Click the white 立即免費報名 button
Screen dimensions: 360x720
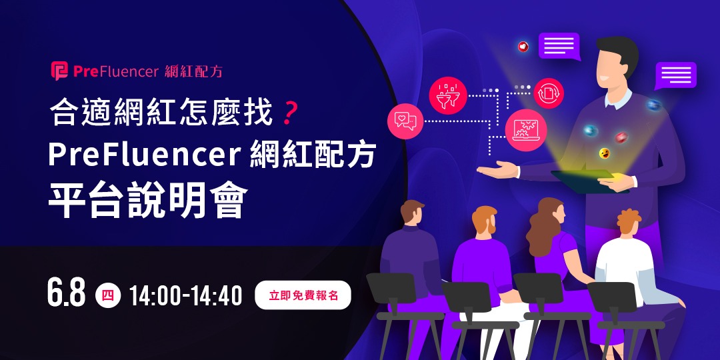point(303,295)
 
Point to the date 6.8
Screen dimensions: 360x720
point(67,293)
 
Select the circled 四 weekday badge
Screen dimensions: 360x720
point(107,295)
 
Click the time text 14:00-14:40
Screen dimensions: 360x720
point(185,295)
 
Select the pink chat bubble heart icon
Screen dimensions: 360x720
point(405,121)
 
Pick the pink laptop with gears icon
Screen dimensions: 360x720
point(526,130)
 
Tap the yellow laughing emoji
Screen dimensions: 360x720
point(605,154)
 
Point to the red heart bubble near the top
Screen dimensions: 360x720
point(523,47)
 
